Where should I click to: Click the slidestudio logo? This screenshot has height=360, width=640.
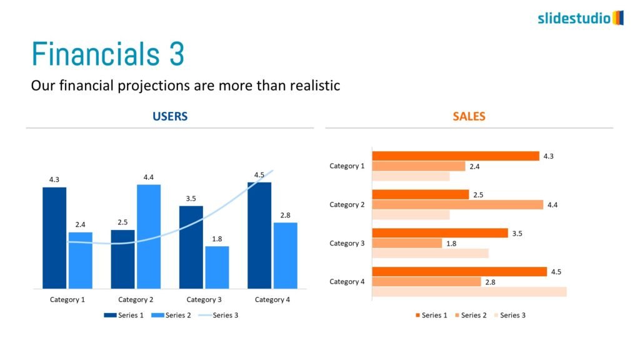pyautogui.click(x=581, y=17)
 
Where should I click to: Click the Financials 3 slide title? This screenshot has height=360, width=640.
pyautogui.click(x=107, y=54)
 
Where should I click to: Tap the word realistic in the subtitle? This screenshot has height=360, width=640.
pyautogui.click(x=315, y=86)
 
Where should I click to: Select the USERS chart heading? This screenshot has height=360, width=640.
pyautogui.click(x=170, y=116)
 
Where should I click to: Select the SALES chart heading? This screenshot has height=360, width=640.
pyautogui.click(x=469, y=116)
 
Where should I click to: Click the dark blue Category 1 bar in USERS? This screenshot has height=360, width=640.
pyautogui.click(x=54, y=237)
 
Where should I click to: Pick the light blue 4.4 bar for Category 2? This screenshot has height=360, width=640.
pyautogui.click(x=149, y=236)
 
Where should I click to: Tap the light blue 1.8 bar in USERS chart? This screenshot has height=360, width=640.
pyautogui.click(x=217, y=267)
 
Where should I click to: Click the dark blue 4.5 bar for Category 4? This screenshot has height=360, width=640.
pyautogui.click(x=259, y=235)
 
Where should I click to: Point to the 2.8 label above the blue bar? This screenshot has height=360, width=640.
pyautogui.click(x=285, y=216)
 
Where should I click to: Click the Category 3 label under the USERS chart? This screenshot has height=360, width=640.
pyautogui.click(x=204, y=300)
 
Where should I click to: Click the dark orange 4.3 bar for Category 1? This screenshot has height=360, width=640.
pyautogui.click(x=455, y=156)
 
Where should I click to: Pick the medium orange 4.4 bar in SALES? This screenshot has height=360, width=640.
pyautogui.click(x=457, y=204)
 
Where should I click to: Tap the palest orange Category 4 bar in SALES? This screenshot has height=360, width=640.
pyautogui.click(x=469, y=292)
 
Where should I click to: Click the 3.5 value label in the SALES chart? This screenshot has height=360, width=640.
pyautogui.click(x=517, y=234)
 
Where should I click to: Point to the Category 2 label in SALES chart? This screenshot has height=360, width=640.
pyautogui.click(x=347, y=205)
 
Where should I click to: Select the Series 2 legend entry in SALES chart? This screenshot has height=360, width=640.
pyautogui.click(x=470, y=315)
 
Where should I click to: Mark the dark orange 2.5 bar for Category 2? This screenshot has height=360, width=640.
pyautogui.click(x=420, y=194)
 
